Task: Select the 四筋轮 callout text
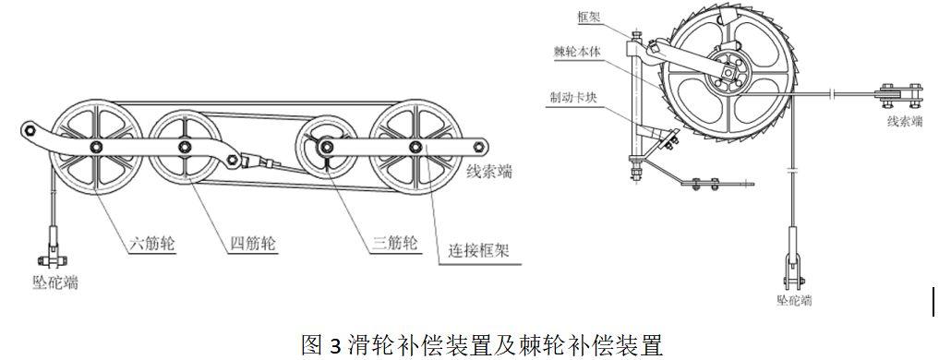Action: pos(253,245)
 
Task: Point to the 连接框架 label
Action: pos(479,250)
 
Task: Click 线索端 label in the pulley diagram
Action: pos(489,173)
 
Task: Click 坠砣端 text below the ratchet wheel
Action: pos(795,300)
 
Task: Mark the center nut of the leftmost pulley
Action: pos(96,147)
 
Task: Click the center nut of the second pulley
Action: pos(185,146)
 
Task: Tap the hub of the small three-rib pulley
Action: pos(326,146)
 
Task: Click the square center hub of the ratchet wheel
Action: pos(727,72)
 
